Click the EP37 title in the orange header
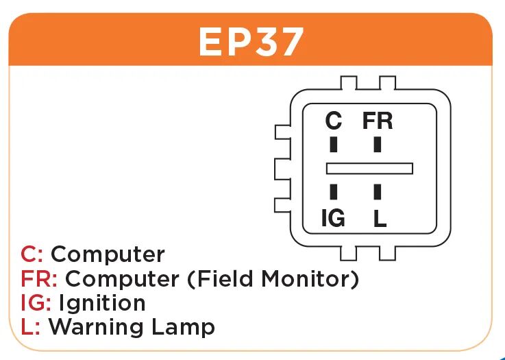(x=251, y=43)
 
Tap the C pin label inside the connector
(x=333, y=121)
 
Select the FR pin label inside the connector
(x=378, y=121)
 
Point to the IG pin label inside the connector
(x=333, y=219)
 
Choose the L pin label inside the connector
(x=380, y=219)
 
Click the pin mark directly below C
(x=334, y=145)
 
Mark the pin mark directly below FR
(x=378, y=145)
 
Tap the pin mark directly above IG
(x=334, y=191)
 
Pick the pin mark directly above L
(x=378, y=191)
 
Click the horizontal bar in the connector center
(x=369, y=168)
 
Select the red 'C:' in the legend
(x=32, y=254)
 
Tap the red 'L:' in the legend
(x=31, y=326)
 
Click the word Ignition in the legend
(x=102, y=303)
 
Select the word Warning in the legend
(x=93, y=326)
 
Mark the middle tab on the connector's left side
(x=281, y=167)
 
